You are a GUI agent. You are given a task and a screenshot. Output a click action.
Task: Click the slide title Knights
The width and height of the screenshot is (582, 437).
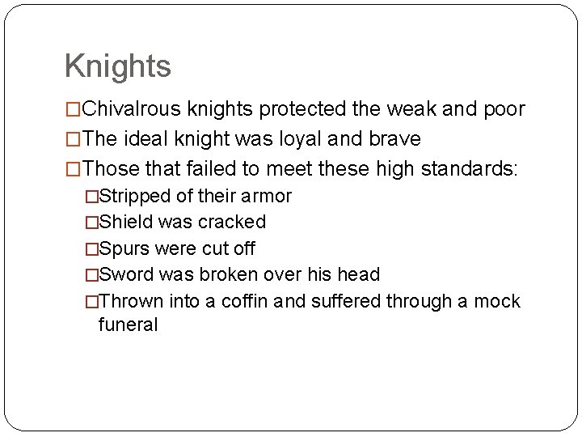117,66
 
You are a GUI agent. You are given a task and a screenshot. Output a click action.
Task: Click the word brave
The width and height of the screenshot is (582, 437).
394,139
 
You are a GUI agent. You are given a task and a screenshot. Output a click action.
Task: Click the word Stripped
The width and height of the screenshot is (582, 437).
134,196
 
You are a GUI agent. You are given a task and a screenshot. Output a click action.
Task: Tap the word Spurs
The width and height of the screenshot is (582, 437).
125,248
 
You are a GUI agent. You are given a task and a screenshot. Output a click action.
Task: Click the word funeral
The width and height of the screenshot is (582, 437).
128,325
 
